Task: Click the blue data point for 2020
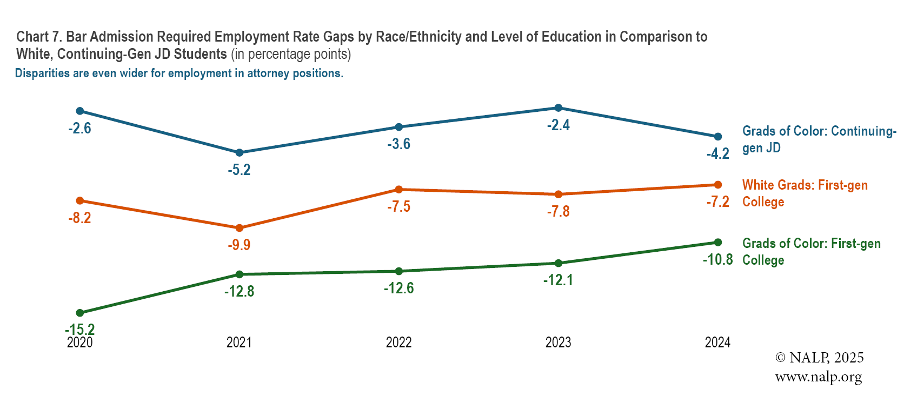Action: tap(80, 111)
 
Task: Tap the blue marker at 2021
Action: tap(240, 153)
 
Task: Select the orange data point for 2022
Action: tap(399, 189)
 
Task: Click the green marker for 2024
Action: tap(718, 242)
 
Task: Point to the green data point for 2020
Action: tap(80, 313)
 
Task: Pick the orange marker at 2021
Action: tap(240, 228)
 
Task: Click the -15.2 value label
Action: tap(79, 330)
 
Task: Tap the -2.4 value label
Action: tap(558, 125)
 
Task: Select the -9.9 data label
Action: tap(239, 245)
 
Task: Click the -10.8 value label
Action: tap(717, 260)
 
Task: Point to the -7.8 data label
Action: tap(558, 211)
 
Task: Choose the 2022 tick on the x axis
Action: tap(398, 342)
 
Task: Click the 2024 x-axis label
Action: tap(717, 342)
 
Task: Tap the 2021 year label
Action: tap(239, 342)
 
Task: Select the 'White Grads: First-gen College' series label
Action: tap(805, 193)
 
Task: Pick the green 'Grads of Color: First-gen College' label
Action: tap(811, 252)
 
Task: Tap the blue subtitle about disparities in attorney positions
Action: tap(179, 73)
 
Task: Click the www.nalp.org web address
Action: tap(818, 377)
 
